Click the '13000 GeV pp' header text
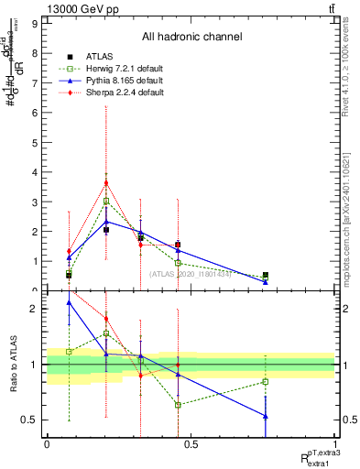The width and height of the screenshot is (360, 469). click(77, 8)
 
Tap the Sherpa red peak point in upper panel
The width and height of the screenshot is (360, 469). click(106, 182)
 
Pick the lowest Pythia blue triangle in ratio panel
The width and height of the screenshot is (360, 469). click(266, 416)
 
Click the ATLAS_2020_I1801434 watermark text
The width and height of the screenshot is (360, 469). click(191, 274)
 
